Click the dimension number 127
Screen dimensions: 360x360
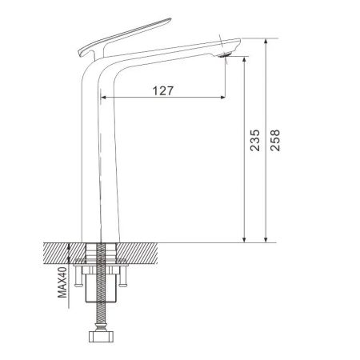coord(162,90)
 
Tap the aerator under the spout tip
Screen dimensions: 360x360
coord(227,55)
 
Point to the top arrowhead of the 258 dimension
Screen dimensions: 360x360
coord(266,41)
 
